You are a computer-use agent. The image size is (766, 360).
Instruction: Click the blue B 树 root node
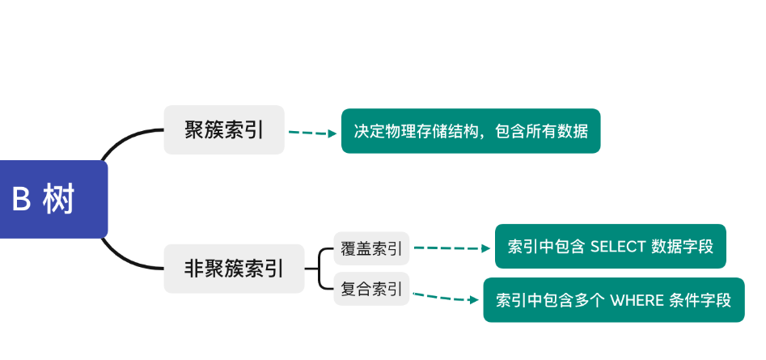[53, 199]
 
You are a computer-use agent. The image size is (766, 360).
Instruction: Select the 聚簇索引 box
[224, 130]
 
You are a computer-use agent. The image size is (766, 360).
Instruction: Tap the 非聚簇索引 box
[234, 269]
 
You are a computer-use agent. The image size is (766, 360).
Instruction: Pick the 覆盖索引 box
[371, 248]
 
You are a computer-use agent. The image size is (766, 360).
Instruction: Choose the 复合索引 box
[371, 289]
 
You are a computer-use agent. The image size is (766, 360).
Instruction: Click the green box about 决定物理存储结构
[471, 131]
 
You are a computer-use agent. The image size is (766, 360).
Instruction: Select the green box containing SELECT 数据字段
[610, 246]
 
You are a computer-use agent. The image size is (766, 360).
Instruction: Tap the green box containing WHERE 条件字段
[614, 300]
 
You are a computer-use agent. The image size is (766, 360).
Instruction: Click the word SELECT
[618, 247]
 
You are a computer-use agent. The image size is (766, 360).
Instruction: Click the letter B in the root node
[21, 199]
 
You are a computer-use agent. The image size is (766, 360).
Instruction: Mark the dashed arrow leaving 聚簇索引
[313, 133]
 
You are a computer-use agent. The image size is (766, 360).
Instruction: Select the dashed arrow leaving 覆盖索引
[452, 248]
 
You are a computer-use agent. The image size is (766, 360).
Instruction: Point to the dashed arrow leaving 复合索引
[446, 298]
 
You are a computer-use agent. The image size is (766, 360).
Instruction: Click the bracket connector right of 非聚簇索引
[319, 269]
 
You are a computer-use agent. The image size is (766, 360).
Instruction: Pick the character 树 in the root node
[58, 199]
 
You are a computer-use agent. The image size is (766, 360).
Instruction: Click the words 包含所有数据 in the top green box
[541, 131]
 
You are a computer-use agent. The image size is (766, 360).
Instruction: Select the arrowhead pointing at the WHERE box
[474, 300]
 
